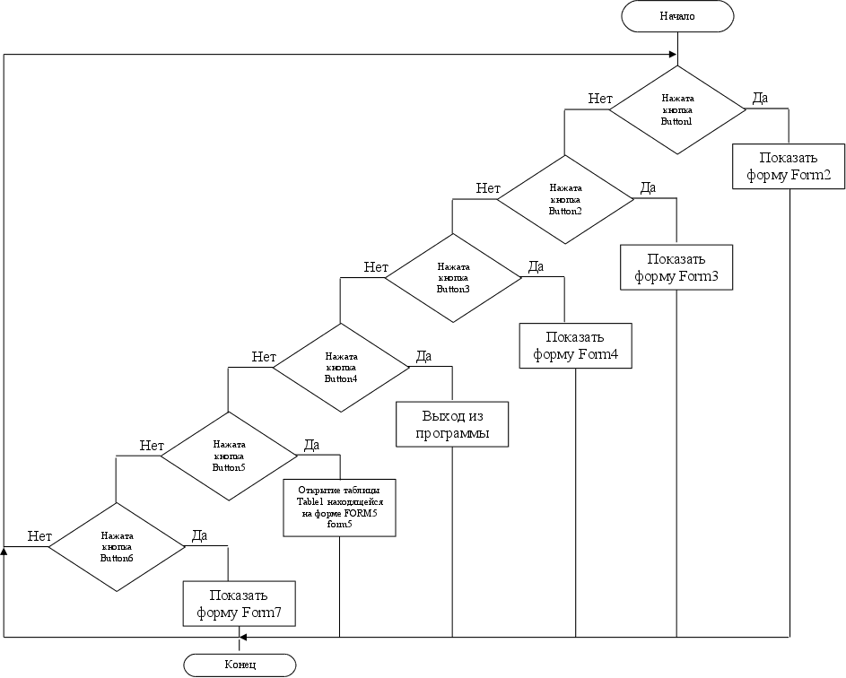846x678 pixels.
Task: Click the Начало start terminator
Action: pyautogui.click(x=677, y=15)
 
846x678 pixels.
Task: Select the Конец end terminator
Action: pyautogui.click(x=240, y=665)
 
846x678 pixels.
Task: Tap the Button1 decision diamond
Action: pyautogui.click(x=677, y=109)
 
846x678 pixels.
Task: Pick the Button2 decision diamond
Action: pyautogui.click(x=565, y=199)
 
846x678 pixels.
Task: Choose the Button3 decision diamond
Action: pyautogui.click(x=453, y=278)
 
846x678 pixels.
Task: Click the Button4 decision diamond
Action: pyautogui.click(x=341, y=367)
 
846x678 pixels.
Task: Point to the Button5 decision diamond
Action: pyautogui.click(x=228, y=456)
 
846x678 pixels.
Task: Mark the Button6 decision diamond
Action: pyautogui.click(x=116, y=546)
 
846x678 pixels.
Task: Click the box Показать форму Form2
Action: pyautogui.click(x=789, y=165)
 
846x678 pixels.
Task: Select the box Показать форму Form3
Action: pyautogui.click(x=676, y=267)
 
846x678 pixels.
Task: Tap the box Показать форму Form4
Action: pyautogui.click(x=576, y=345)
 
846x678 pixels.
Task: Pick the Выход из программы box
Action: pyautogui.click(x=452, y=425)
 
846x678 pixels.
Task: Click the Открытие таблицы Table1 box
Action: pyautogui.click(x=340, y=508)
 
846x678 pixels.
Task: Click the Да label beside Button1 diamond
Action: pyautogui.click(x=759, y=98)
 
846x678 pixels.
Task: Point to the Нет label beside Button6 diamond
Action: pyautogui.click(x=39, y=536)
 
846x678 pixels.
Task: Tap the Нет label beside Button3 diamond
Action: pyautogui.click(x=376, y=266)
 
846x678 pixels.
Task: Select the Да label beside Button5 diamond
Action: pyautogui.click(x=311, y=445)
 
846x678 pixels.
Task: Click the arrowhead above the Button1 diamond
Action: pyautogui.click(x=672, y=55)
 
